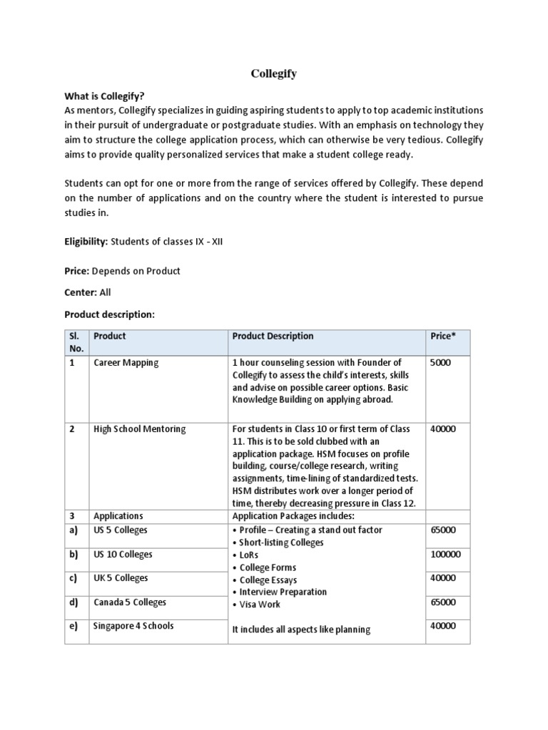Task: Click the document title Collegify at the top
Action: click(x=273, y=73)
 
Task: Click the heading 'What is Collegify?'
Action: click(x=109, y=96)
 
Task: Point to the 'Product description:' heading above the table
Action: click(x=109, y=314)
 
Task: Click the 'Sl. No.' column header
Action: click(x=76, y=342)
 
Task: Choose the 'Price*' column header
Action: click(x=442, y=336)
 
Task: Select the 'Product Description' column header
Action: click(x=273, y=336)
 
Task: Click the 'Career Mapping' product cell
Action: click(x=126, y=363)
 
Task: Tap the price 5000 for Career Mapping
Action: click(x=440, y=363)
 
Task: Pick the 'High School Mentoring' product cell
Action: click(x=140, y=429)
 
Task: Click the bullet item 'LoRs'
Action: click(x=249, y=555)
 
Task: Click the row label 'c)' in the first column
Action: click(x=73, y=578)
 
